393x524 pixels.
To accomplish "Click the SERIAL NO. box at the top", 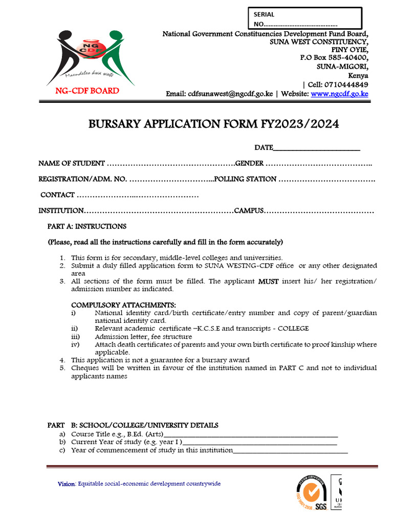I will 304,19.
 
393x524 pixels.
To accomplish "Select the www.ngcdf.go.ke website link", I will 339,94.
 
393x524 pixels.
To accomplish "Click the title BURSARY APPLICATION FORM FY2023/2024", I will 214,124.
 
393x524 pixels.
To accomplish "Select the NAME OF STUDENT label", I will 72,163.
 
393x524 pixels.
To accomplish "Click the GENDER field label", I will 249,163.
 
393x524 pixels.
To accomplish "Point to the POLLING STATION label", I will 245,179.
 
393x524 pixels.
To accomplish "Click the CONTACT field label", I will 57,195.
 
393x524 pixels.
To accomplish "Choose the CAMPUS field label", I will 248,211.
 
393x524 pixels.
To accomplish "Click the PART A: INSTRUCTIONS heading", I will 87,226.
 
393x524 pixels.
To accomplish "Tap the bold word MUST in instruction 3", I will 268,281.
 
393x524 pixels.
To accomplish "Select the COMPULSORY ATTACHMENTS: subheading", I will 123,305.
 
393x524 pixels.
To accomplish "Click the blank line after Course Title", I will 251,435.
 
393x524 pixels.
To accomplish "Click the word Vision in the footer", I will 66,484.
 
